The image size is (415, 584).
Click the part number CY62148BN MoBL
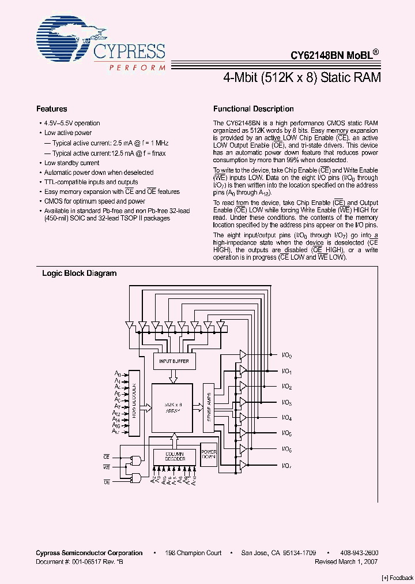(334, 55)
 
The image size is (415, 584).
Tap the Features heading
(52, 109)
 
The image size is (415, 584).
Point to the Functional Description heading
(253, 109)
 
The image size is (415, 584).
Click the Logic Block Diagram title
(79, 274)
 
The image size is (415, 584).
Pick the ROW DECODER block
(134, 408)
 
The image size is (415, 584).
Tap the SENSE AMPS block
(209, 409)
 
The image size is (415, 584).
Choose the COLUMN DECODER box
(174, 456)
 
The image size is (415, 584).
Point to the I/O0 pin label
(286, 356)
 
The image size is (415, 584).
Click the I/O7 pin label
(286, 465)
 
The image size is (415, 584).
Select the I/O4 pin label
(286, 418)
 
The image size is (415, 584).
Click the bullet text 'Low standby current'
(71, 163)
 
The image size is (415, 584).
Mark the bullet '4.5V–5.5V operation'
(72, 123)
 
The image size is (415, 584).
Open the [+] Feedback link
(398, 577)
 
